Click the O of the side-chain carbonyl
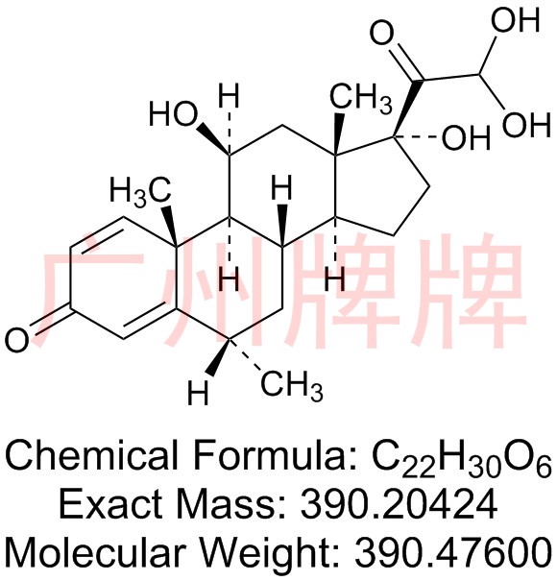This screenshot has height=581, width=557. pos(383,33)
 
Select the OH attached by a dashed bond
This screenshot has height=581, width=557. pos(467,138)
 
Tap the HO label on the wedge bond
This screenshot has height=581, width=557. pos(174,114)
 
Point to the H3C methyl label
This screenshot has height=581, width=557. pos(140,190)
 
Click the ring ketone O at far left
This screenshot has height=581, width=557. pos(17,340)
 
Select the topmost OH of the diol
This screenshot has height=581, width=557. pos(515,19)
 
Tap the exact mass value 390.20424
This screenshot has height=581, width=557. pos(399,504)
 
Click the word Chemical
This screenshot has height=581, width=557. pos(93,455)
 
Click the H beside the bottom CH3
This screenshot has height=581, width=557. pos(198,393)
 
